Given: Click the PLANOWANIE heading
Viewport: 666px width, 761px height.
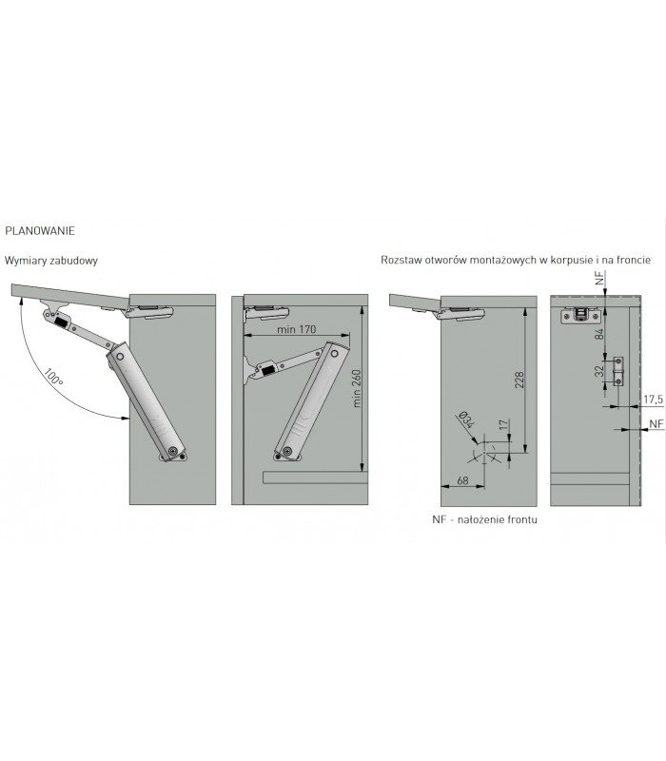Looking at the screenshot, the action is click(x=40, y=231).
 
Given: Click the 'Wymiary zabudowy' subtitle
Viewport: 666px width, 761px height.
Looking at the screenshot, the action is click(x=51, y=261).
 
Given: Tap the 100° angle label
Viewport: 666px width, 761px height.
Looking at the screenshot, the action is click(x=54, y=377).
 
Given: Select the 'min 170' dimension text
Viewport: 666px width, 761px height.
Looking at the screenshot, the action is click(x=296, y=329).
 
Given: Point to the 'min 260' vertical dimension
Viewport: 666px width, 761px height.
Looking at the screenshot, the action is click(x=357, y=388).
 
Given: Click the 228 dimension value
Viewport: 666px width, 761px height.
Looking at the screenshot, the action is click(x=519, y=380).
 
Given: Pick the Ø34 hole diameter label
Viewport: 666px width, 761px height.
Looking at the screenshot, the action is click(x=465, y=420).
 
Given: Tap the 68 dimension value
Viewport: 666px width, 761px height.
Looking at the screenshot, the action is click(x=462, y=480).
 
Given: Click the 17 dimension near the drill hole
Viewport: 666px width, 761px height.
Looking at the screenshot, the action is click(x=504, y=424).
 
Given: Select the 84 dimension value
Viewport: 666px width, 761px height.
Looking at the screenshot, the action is click(x=599, y=334).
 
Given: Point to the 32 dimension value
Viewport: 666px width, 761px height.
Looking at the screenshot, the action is click(x=599, y=371).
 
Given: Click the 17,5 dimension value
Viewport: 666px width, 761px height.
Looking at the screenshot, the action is click(x=654, y=400).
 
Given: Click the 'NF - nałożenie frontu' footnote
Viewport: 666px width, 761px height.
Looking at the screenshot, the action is click(x=484, y=519).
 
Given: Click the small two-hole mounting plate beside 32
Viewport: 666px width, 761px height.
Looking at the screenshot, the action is click(x=618, y=371).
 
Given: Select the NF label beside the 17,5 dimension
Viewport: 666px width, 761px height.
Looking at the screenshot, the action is click(x=656, y=423).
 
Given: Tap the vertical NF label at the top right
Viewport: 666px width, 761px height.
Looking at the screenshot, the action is click(x=600, y=278).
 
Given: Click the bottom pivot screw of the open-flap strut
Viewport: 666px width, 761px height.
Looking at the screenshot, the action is click(x=174, y=452).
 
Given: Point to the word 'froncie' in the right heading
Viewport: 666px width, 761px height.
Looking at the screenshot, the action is click(x=634, y=260).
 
